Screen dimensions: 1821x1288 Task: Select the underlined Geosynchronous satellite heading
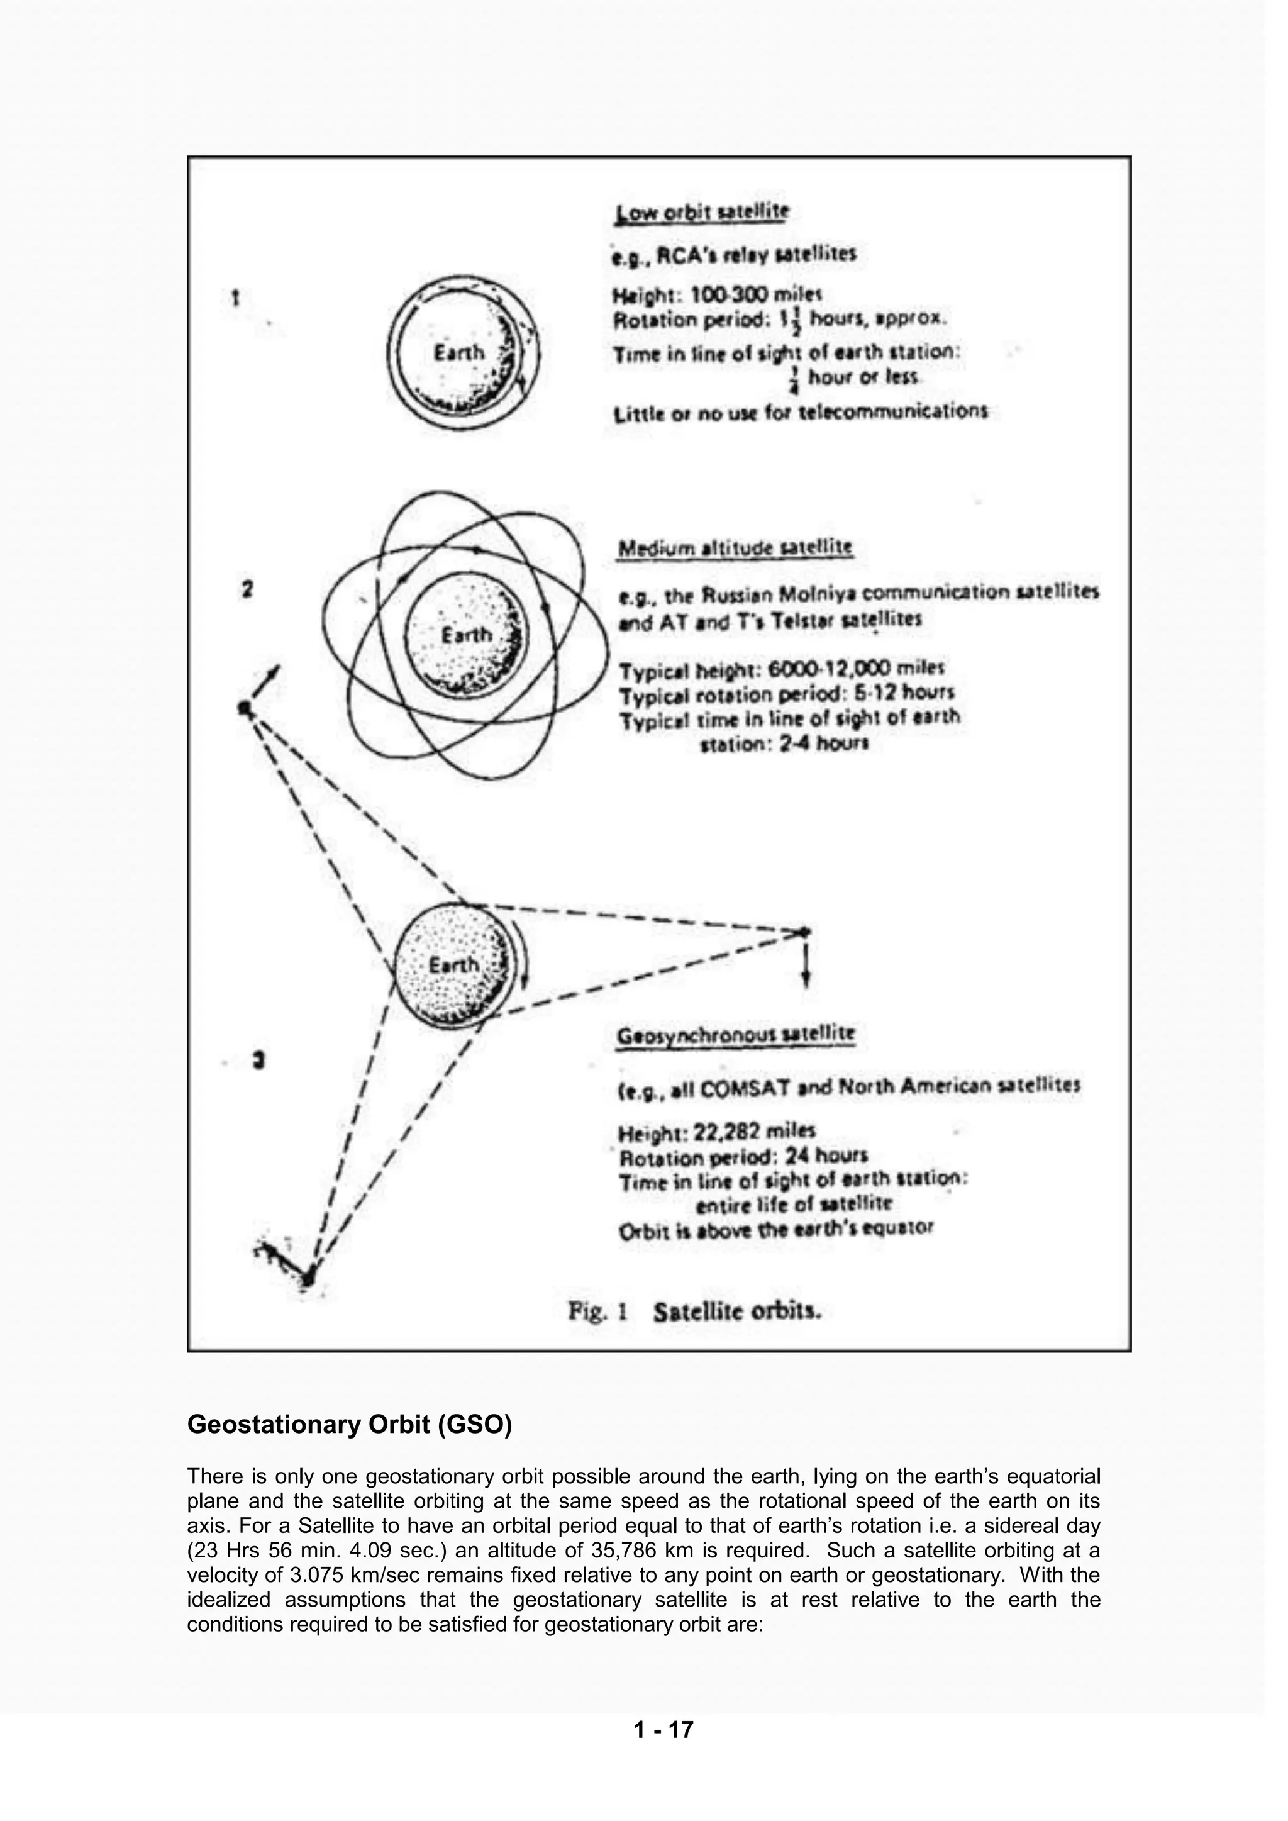point(735,1034)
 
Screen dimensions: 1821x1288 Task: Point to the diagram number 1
point(236,298)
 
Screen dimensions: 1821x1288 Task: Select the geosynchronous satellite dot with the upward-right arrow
point(246,706)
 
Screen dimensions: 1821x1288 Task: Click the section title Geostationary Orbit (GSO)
point(349,1425)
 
